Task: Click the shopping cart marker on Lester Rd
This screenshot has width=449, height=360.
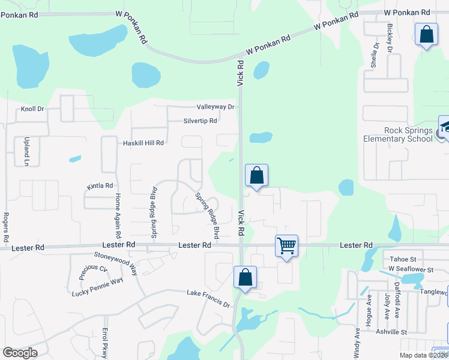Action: (x=287, y=245)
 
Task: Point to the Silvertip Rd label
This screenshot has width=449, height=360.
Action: (x=200, y=121)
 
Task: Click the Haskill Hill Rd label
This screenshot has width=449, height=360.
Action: (x=143, y=143)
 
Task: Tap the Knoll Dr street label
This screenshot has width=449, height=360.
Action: (x=33, y=109)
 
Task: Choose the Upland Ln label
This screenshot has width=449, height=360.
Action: (x=26, y=154)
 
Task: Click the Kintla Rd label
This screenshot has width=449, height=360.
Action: (x=100, y=186)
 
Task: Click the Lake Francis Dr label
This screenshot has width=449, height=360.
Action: (x=208, y=299)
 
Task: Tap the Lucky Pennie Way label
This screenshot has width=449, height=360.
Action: (x=97, y=287)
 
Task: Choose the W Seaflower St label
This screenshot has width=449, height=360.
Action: (x=411, y=268)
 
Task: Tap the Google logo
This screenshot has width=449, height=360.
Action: (x=20, y=353)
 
